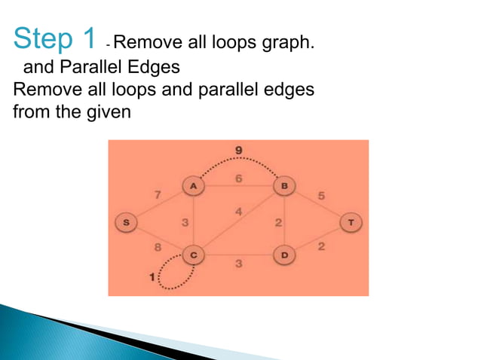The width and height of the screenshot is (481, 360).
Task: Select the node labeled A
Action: pyautogui.click(x=193, y=185)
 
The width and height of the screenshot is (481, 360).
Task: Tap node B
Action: pyautogui.click(x=284, y=185)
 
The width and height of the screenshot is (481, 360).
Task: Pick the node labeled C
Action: pyautogui.click(x=194, y=256)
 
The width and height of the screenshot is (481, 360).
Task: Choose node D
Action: pyautogui.click(x=284, y=256)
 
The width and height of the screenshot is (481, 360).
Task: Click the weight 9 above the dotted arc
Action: pyautogui.click(x=238, y=151)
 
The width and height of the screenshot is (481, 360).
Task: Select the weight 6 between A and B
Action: pyautogui.click(x=238, y=178)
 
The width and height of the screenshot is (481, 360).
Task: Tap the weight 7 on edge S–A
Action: pyautogui.click(x=157, y=196)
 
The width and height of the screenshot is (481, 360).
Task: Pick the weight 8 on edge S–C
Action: pyautogui.click(x=157, y=246)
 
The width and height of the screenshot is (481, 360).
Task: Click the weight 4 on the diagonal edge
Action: pyautogui.click(x=238, y=212)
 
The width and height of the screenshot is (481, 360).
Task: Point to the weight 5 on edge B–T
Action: pyautogui.click(x=321, y=196)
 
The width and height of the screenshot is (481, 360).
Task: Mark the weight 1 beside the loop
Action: pyautogui.click(x=153, y=277)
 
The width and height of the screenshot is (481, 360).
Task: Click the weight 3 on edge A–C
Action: pyautogui.click(x=185, y=223)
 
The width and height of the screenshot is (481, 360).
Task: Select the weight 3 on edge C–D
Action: pyautogui.click(x=238, y=264)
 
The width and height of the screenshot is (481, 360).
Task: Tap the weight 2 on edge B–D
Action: pyautogui.click(x=277, y=223)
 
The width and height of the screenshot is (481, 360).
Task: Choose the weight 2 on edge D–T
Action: pyautogui.click(x=321, y=247)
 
